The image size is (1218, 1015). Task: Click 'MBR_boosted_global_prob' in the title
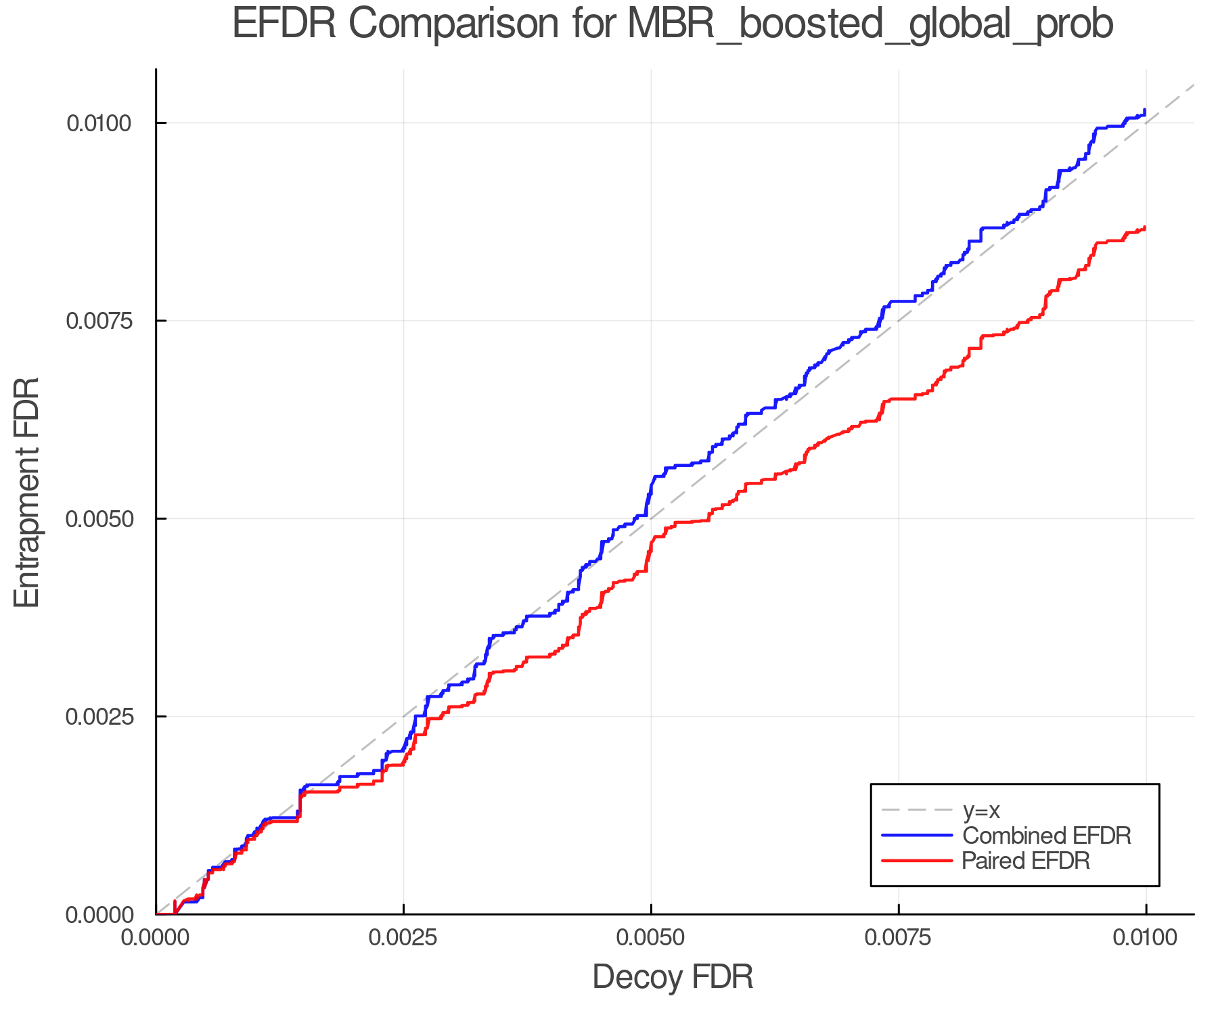tap(870, 24)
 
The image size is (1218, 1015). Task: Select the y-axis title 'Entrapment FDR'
tap(28, 492)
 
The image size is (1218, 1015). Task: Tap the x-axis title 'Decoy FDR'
tap(673, 977)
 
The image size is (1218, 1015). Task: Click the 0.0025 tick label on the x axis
tap(403, 938)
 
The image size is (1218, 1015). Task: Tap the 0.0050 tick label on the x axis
tap(651, 938)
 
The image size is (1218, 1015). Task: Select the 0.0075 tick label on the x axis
tap(899, 938)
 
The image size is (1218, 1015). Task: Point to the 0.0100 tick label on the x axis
tap(1146, 938)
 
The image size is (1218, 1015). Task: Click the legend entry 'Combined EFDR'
tap(1046, 836)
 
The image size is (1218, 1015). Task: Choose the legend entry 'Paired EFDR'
tap(1026, 861)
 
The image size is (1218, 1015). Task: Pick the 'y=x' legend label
tap(981, 810)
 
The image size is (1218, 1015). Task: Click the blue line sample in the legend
tap(917, 836)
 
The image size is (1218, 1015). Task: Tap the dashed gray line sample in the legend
tap(917, 810)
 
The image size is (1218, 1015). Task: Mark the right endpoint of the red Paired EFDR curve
tap(1145, 228)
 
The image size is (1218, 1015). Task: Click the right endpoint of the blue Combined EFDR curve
tap(1145, 110)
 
